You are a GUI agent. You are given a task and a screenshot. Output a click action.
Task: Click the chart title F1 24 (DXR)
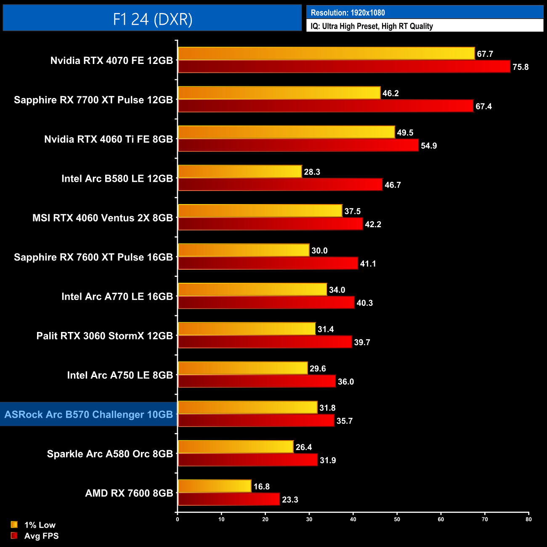pyautogui.click(x=152, y=19)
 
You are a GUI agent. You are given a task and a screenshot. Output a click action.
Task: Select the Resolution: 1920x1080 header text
pyautogui.click(x=348, y=13)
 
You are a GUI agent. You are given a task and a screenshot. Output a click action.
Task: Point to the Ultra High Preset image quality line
pyautogui.click(x=372, y=26)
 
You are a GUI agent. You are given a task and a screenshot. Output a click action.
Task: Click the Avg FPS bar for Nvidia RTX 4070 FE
pyautogui.click(x=344, y=66)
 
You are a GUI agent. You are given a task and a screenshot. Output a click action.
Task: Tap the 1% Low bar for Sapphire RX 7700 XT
pyautogui.click(x=279, y=93)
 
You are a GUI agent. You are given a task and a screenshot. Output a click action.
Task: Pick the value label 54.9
pyautogui.click(x=429, y=146)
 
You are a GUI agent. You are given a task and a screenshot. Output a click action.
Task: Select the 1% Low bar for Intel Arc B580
pyautogui.click(x=240, y=172)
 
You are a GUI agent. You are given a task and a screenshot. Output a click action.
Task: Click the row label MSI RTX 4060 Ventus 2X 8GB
pyautogui.click(x=103, y=218)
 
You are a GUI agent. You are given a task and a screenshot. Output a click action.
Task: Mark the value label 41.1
pyautogui.click(x=368, y=264)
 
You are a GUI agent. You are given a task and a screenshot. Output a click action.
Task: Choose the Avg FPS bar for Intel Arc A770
pyautogui.click(x=266, y=303)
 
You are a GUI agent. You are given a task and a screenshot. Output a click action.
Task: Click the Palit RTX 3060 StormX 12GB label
pyautogui.click(x=105, y=336)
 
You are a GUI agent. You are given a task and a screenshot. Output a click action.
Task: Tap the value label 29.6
pyautogui.click(x=318, y=369)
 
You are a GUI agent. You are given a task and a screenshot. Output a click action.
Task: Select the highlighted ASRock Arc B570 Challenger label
pyautogui.click(x=89, y=414)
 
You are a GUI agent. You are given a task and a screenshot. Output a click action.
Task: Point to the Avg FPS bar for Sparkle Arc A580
pyautogui.click(x=247, y=460)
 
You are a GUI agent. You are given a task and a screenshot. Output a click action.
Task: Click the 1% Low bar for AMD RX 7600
pyautogui.click(x=215, y=486)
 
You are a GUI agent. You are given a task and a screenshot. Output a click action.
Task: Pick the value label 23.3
pyautogui.click(x=290, y=499)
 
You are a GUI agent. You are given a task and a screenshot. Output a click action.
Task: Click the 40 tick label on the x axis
pyautogui.click(x=353, y=519)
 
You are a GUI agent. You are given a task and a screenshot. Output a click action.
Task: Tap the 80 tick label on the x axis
pyautogui.click(x=528, y=519)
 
